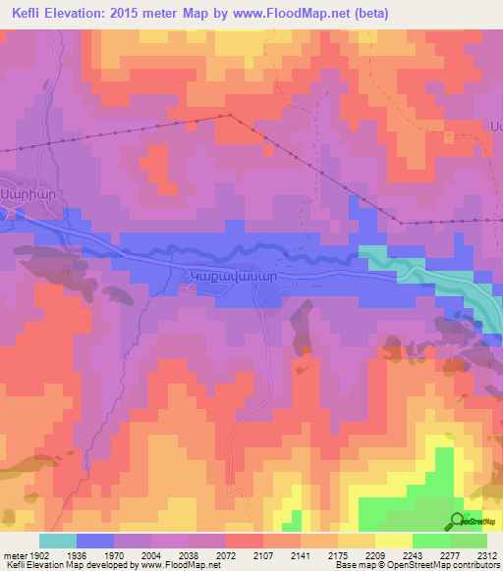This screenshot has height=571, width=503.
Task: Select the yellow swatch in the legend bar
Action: tap(393, 541)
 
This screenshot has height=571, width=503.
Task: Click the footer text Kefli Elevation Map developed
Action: tap(59, 565)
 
